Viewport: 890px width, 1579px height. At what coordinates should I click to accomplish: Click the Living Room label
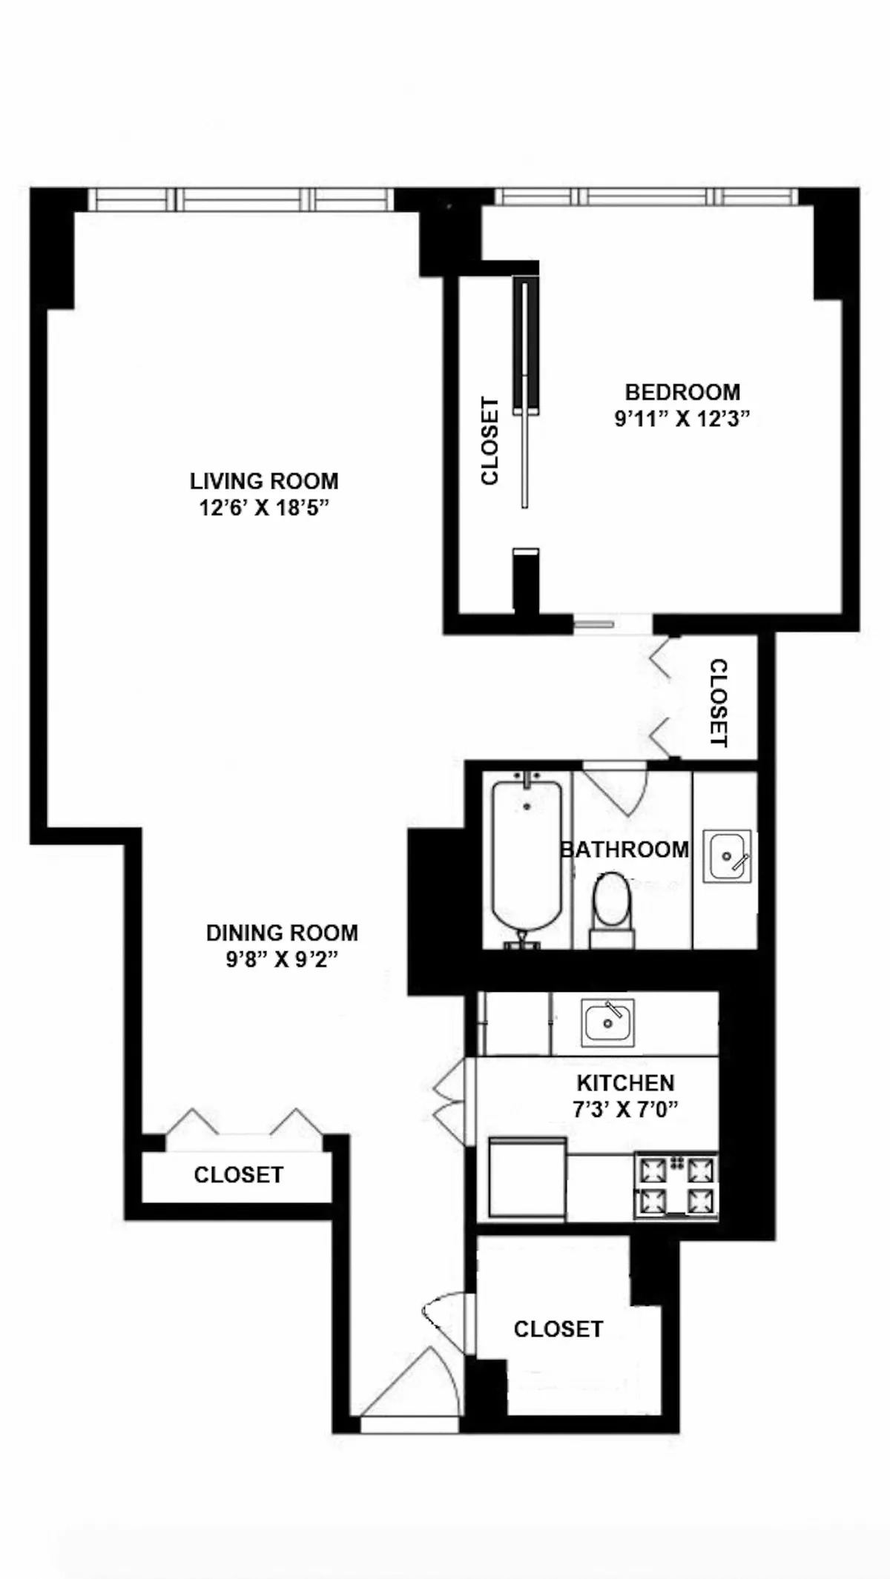pos(264,481)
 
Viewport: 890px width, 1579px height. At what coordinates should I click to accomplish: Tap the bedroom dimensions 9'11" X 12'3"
pos(682,419)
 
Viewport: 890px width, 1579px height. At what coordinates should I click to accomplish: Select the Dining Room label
pos(282,933)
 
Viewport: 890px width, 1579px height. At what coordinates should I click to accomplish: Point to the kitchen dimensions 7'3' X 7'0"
pos(626,1110)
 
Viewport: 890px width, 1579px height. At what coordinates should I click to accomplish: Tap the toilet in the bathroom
pos(612,908)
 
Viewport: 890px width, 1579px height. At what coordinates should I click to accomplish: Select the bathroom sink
pos(726,855)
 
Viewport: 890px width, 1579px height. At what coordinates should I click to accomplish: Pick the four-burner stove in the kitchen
pos(676,1185)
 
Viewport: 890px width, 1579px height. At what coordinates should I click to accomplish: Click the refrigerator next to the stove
pos(527,1179)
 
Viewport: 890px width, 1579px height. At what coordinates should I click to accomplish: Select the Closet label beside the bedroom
pos(490,442)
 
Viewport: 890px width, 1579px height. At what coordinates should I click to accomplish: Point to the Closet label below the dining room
pos(238,1175)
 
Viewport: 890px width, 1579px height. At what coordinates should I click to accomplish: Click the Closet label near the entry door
pos(558,1329)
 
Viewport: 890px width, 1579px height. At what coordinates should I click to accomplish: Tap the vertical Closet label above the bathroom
pos(719,703)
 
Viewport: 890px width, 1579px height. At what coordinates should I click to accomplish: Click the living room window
pos(241,199)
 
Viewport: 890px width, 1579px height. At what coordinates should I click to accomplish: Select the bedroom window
pos(645,196)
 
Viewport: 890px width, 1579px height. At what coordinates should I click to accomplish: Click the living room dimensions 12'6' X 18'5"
pos(263,509)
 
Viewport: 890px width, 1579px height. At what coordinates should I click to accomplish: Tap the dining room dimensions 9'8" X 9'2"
pos(282,960)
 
